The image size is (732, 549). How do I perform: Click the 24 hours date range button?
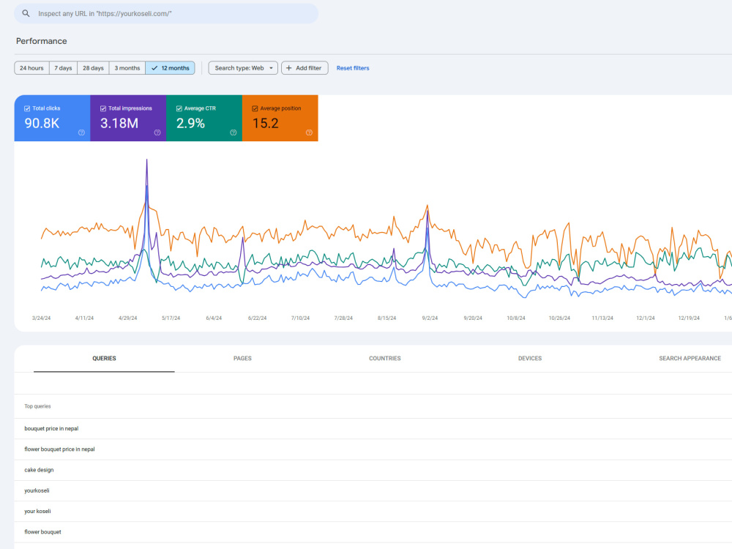[x=31, y=68]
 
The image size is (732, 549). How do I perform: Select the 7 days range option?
[x=63, y=68]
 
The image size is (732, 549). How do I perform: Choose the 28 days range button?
[x=93, y=68]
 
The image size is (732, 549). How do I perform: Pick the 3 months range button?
[x=127, y=68]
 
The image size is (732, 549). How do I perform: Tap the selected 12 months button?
[x=170, y=68]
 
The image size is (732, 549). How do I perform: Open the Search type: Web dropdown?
[x=243, y=68]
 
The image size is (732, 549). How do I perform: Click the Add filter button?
[x=305, y=68]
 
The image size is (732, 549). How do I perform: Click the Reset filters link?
[x=353, y=68]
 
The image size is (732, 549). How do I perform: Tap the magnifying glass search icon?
[x=26, y=13]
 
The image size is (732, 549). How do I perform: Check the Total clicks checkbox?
[x=27, y=109]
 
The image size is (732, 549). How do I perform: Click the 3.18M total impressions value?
[x=119, y=123]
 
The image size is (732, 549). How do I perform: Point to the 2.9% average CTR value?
[x=190, y=123]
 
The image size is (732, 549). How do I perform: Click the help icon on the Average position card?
[x=309, y=132]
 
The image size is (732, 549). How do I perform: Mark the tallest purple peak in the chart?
[x=146, y=160]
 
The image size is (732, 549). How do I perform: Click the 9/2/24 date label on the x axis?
[x=430, y=318]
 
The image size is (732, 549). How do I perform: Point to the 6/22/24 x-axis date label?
[x=257, y=318]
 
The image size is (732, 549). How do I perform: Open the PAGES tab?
[x=242, y=359]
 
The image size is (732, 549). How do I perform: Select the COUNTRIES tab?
[x=385, y=359]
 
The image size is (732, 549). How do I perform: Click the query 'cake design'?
[x=40, y=470]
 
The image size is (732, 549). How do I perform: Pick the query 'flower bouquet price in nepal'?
[x=59, y=449]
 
